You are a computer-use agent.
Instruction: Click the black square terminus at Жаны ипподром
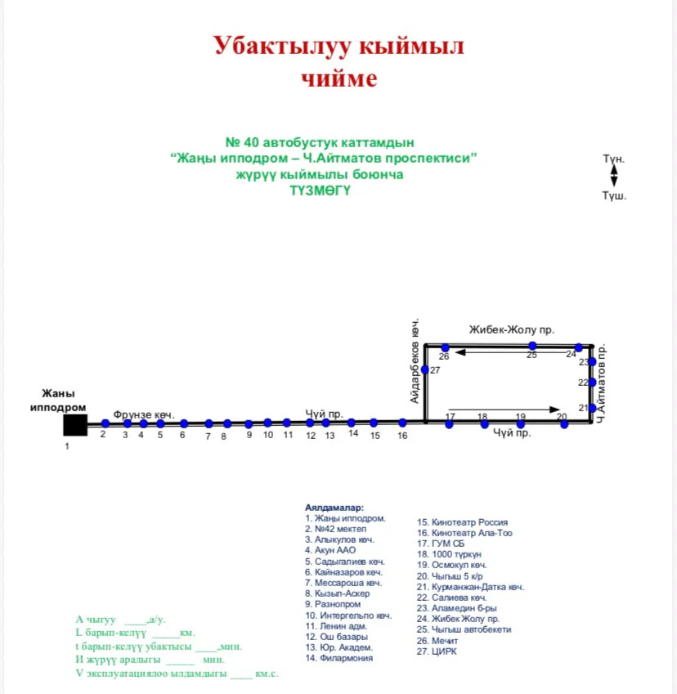(x=75, y=425)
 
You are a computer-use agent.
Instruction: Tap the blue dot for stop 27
(x=425, y=369)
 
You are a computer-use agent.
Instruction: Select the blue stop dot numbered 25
(x=532, y=346)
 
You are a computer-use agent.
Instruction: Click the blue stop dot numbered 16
(x=402, y=423)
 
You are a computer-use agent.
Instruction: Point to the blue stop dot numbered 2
(x=105, y=423)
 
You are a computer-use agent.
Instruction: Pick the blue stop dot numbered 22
(x=593, y=382)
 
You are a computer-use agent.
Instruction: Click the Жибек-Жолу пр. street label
(x=511, y=329)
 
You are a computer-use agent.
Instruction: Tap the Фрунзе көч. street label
(x=144, y=414)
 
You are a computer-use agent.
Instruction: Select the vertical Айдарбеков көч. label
(x=415, y=360)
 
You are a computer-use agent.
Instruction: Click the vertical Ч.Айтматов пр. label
(x=601, y=383)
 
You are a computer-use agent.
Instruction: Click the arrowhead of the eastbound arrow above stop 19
(x=555, y=410)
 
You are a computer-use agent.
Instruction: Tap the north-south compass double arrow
(x=614, y=176)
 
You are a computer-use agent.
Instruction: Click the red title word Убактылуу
(x=283, y=46)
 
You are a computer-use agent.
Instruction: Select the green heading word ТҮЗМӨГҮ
(x=321, y=190)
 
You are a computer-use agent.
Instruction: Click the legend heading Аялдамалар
(x=334, y=508)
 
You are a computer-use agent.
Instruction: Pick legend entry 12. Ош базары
(x=337, y=637)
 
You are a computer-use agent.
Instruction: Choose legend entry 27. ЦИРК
(x=437, y=651)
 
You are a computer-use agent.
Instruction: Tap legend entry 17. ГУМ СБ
(x=441, y=544)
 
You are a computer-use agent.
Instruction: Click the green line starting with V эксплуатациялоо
(x=177, y=674)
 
